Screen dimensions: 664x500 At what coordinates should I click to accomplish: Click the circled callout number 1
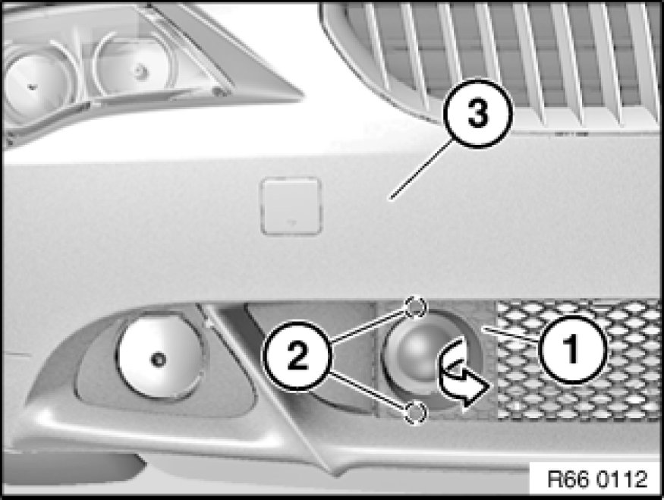click(x=572, y=349)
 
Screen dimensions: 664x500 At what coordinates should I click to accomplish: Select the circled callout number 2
click(x=297, y=356)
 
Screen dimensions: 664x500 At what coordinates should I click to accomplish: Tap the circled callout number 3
click(x=477, y=114)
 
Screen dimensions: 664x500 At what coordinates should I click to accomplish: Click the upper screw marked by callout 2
click(x=415, y=307)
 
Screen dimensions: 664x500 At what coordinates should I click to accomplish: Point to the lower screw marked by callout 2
click(x=415, y=412)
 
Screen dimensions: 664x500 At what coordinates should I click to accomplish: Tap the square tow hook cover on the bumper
click(x=291, y=206)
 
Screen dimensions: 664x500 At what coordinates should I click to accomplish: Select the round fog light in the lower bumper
click(x=159, y=357)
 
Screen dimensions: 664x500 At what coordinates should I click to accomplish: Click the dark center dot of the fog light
click(x=159, y=360)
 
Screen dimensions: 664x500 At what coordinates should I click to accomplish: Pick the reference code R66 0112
click(x=597, y=479)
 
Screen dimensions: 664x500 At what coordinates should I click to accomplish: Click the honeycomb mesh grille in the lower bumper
click(x=578, y=360)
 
